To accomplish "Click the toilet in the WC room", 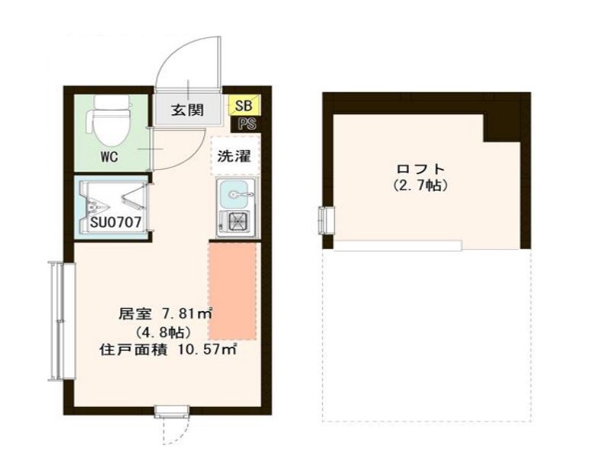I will pos(109,123).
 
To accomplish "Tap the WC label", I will pos(110,159).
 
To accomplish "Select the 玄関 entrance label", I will pos(187,110).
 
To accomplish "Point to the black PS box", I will pos(245,123).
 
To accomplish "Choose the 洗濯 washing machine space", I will pos(235,158).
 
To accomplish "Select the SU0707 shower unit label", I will pos(114,223).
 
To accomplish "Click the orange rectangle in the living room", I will pos(233,290).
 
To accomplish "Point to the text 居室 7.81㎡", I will pos(165,313).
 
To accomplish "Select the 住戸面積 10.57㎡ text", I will pos(168,351).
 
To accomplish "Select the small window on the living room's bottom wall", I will pos(171,412).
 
